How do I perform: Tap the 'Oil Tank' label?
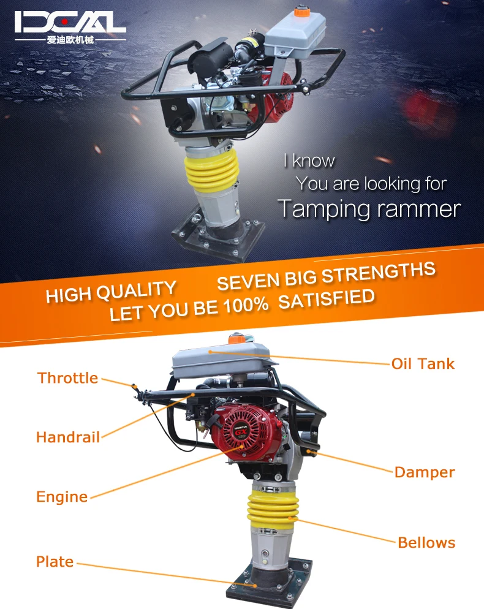[423, 363]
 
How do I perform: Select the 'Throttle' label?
[67, 377]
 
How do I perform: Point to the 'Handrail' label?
[67, 437]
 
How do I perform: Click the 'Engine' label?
[62, 496]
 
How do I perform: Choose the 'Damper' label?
[425, 472]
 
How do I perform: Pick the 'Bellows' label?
[426, 542]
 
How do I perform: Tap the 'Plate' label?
[55, 561]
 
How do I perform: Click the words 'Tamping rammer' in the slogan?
[369, 209]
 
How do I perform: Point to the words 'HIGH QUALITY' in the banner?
[111, 291]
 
